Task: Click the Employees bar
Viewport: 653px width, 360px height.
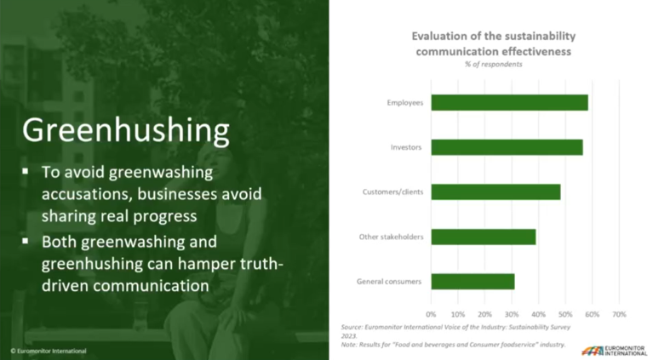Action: point(509,103)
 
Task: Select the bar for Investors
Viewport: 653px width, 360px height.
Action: point(507,147)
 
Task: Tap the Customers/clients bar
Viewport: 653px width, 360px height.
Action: point(495,191)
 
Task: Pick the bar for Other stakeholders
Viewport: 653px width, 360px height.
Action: point(483,237)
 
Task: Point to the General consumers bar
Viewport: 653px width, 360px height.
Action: point(473,281)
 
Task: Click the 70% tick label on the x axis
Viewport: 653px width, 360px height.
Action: point(619,313)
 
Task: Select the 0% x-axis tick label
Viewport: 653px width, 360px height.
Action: point(431,313)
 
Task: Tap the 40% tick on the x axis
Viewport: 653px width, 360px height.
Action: point(538,313)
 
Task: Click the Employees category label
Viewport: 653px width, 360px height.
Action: point(405,103)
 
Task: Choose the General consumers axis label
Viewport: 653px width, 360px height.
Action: point(393,281)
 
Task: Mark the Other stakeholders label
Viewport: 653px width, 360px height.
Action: point(392,237)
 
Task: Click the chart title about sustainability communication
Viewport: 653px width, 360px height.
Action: point(494,43)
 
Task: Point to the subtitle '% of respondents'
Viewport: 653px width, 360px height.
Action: point(494,64)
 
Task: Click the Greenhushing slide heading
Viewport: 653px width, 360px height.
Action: point(125,130)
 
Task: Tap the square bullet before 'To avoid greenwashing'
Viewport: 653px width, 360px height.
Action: point(26,171)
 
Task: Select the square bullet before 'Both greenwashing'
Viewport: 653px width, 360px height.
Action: point(26,241)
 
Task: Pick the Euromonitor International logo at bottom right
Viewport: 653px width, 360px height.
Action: point(613,349)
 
